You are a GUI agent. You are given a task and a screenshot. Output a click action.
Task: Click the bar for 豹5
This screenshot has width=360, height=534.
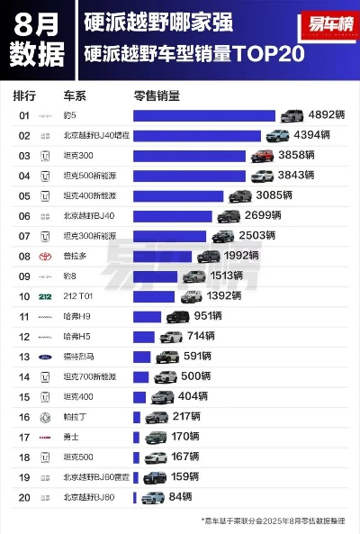click(203, 115)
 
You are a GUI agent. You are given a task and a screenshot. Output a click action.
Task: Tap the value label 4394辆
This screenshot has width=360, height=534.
click(312, 135)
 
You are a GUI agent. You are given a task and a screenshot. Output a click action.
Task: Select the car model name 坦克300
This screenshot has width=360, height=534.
click(78, 156)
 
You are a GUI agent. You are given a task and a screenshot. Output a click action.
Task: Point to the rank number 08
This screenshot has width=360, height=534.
click(24, 256)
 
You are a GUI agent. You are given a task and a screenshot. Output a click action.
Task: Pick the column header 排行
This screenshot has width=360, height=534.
click(24, 94)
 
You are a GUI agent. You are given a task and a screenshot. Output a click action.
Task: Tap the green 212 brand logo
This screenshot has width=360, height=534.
click(46, 296)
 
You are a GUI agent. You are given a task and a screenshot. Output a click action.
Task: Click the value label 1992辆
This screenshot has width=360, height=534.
click(241, 256)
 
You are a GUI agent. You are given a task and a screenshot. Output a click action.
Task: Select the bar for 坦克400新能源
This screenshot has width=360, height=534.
click(178, 195)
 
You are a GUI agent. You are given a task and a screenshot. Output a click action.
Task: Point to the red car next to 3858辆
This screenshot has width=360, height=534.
click(262, 155)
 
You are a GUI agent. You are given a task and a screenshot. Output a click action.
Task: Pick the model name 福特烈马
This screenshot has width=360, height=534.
click(80, 357)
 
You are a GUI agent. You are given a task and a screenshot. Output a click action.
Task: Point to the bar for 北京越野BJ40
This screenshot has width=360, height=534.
click(172, 216)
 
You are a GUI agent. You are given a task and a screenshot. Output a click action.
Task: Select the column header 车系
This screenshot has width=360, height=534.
click(75, 94)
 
